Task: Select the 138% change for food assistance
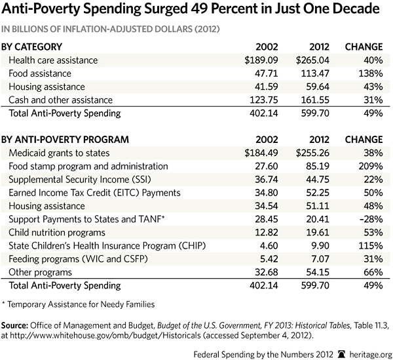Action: (x=369, y=73)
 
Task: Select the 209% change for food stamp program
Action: (x=369, y=167)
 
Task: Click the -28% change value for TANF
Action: (x=369, y=219)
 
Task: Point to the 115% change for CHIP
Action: (x=369, y=245)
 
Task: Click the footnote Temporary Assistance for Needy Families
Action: (x=83, y=304)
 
